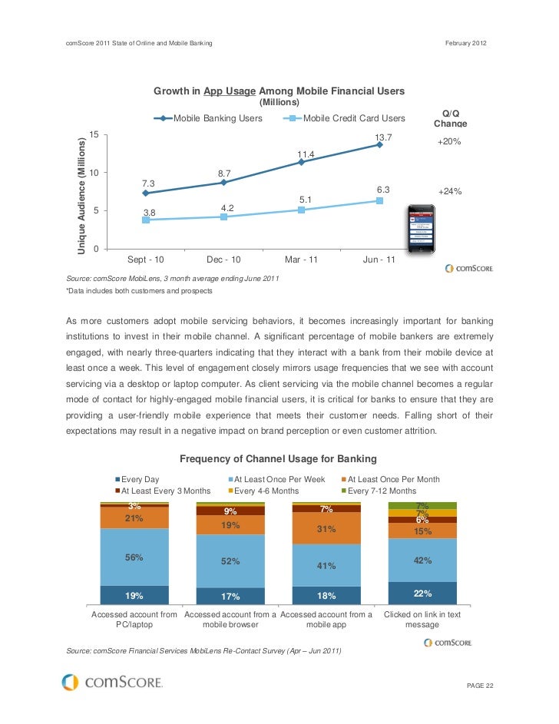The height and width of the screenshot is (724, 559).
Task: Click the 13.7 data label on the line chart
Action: point(383,137)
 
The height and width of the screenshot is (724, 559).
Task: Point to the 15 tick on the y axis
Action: point(93,134)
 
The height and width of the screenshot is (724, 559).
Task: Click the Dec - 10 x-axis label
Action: point(226,260)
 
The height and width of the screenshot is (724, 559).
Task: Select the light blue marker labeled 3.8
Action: point(146,220)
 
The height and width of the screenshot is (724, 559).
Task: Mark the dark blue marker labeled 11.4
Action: point(301,162)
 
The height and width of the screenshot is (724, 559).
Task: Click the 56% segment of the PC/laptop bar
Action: point(134,557)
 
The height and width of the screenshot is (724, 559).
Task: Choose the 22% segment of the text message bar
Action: point(422,593)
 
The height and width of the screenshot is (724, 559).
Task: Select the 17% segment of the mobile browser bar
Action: point(230,597)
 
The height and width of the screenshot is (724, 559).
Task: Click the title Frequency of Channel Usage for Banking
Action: point(278,459)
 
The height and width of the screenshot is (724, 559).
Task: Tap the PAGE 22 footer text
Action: point(481,685)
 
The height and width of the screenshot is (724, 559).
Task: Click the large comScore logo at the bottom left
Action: point(112,682)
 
